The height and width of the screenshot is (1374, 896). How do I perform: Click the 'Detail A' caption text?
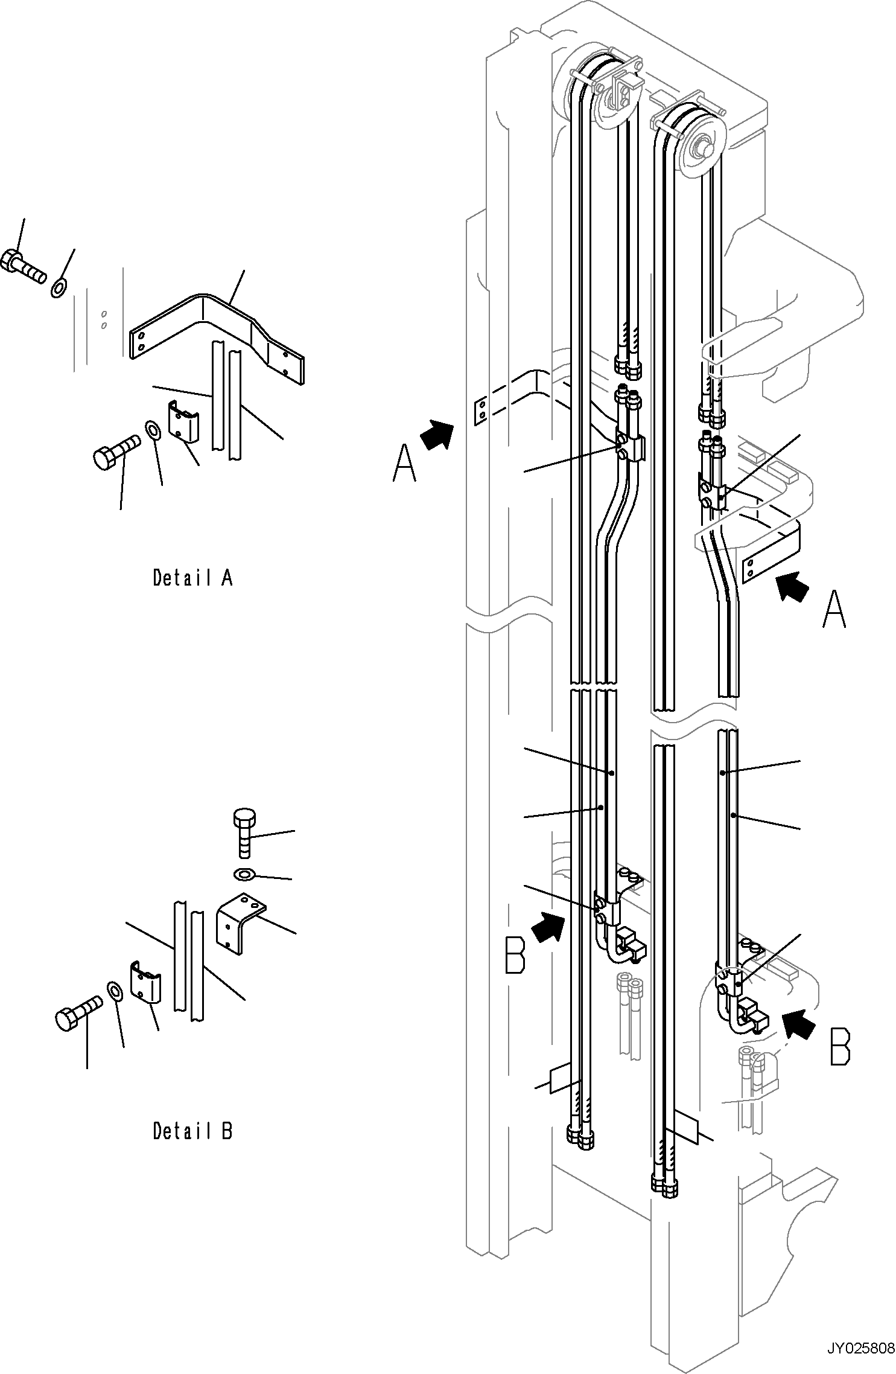(x=192, y=578)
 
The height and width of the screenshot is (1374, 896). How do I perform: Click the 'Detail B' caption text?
(x=192, y=1130)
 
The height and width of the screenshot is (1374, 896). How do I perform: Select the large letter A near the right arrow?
(x=834, y=609)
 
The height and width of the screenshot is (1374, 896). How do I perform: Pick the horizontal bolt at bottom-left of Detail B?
(x=78, y=1011)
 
